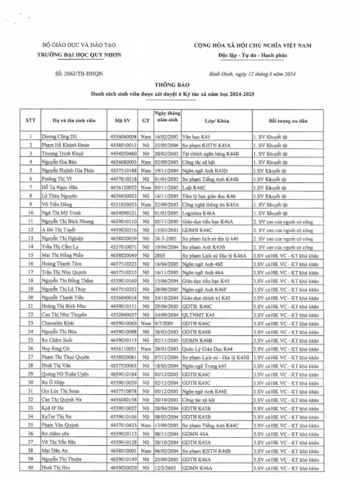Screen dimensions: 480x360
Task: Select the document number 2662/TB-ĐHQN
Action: [79, 74]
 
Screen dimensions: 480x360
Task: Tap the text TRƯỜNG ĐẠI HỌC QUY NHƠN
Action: [79, 55]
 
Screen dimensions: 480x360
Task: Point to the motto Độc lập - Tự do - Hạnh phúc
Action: [253, 55]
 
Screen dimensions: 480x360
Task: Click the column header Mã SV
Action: [122, 120]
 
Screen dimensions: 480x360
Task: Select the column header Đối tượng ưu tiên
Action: [288, 120]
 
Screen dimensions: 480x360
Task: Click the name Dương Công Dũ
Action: [59, 137]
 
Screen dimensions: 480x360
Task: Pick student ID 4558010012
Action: [123, 145]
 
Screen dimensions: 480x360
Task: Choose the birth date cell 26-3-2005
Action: [165, 238]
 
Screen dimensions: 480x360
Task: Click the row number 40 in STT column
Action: [30, 467]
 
